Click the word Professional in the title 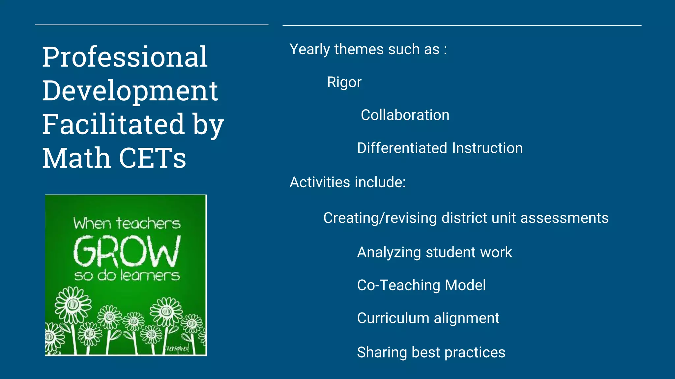[125, 57]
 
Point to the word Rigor [344, 82]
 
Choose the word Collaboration [405, 115]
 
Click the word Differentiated [402, 148]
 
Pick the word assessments [564, 218]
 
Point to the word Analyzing [389, 253]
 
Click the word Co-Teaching [398, 285]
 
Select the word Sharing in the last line [382, 353]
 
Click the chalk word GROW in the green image [127, 251]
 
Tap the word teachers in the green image [148, 224]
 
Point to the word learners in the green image [150, 275]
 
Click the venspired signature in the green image [178, 348]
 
